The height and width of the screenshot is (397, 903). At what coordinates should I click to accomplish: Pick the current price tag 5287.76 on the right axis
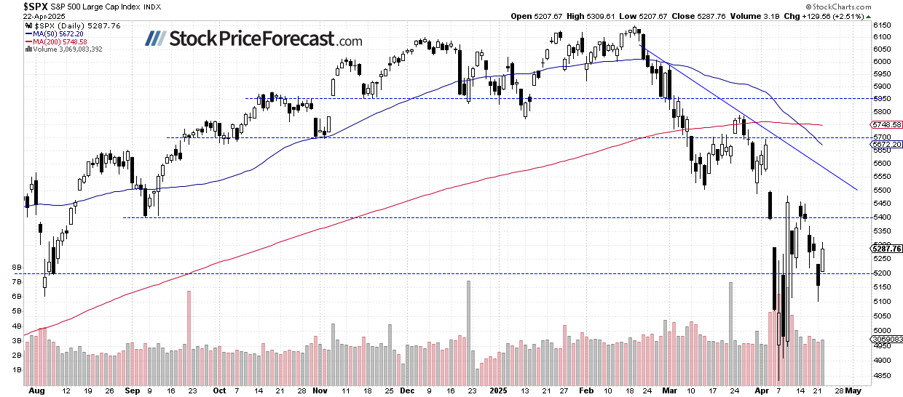point(886,249)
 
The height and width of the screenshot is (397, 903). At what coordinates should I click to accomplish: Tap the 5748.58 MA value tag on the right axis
point(886,125)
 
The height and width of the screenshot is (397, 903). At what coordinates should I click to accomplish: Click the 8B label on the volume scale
point(16,268)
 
